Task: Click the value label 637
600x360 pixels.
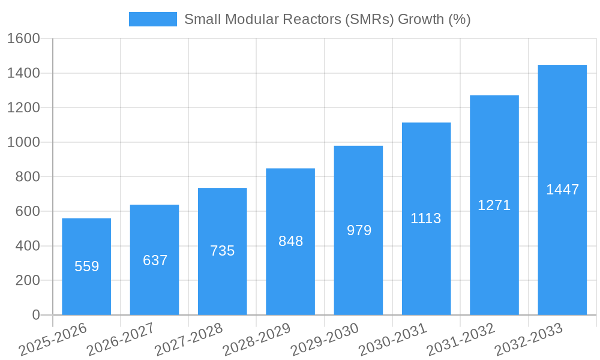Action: click(x=155, y=260)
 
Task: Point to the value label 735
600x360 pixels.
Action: click(x=223, y=251)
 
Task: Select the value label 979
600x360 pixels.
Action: click(x=359, y=230)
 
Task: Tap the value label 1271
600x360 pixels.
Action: click(x=494, y=205)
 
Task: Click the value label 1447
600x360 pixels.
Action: click(x=562, y=190)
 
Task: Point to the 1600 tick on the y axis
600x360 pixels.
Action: click(x=23, y=38)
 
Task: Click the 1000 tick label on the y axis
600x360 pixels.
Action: click(x=23, y=142)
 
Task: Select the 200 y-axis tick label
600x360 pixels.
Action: click(x=28, y=280)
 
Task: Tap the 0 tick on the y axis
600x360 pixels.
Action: click(x=35, y=315)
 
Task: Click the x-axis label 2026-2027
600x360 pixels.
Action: click(x=121, y=339)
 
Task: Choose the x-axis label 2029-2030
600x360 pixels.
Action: click(x=325, y=339)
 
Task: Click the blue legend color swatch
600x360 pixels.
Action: click(x=153, y=19)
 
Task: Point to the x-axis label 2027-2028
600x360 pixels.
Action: click(x=188, y=339)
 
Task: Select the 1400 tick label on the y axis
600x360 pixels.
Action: click(x=23, y=73)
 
